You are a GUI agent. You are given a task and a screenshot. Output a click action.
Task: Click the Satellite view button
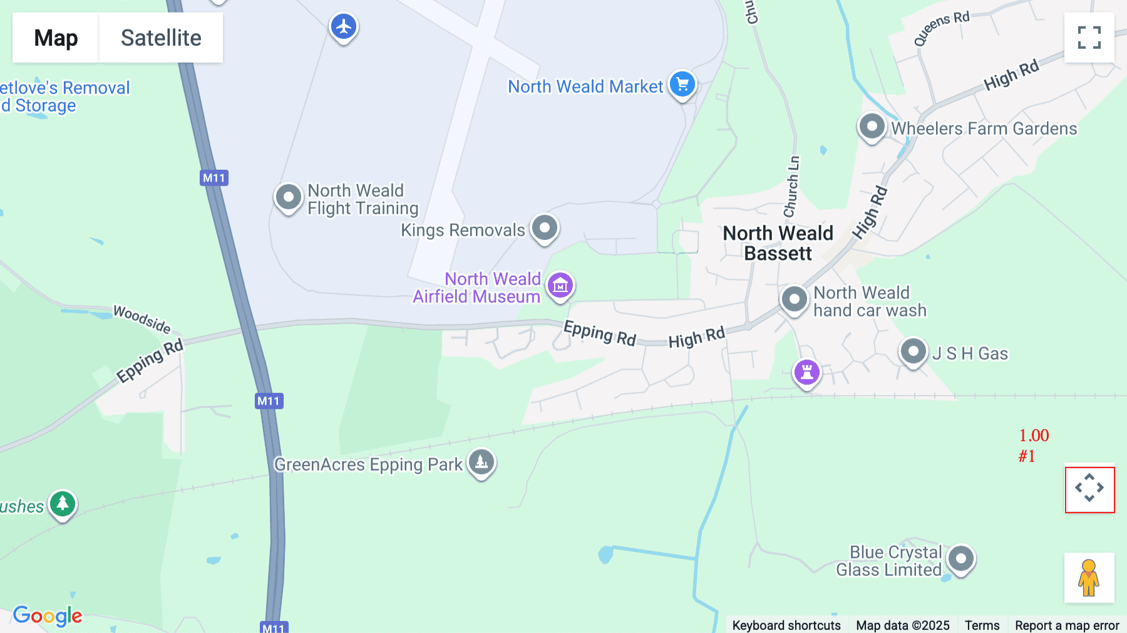[161, 38]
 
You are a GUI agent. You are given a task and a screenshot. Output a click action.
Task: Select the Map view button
[56, 38]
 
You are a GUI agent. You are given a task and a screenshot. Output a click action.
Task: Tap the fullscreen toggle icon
[1089, 38]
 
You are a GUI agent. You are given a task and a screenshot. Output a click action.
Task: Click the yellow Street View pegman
[1089, 578]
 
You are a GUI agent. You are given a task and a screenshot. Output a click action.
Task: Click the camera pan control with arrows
[1089, 488]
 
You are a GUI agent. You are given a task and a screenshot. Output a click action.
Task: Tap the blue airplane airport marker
[344, 27]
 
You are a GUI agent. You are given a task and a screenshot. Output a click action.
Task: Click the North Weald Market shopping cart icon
[682, 84]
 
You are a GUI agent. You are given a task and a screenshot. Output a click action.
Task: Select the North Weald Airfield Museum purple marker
[560, 286]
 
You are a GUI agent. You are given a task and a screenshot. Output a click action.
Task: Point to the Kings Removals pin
[545, 228]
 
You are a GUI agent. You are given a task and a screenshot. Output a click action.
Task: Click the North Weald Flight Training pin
[289, 197]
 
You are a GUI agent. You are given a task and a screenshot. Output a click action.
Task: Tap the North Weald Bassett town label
[778, 243]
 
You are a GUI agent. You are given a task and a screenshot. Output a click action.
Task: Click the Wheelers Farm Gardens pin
[872, 127]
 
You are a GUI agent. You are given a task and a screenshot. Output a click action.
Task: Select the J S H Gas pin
[913, 351]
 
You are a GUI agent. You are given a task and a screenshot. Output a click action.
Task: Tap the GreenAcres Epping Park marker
[481, 463]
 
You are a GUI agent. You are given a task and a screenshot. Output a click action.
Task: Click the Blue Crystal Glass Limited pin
[960, 558]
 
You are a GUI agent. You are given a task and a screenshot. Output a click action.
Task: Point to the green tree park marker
[63, 503]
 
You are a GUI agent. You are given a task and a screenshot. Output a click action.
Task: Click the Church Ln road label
[792, 187]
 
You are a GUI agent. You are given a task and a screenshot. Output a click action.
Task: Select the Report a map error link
[1066, 625]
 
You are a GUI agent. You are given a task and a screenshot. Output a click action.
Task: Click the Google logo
[48, 615]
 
